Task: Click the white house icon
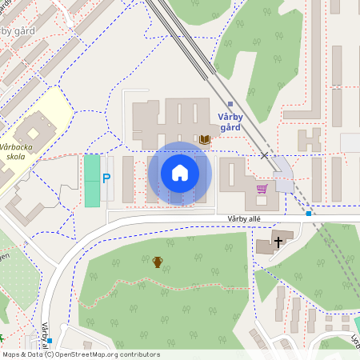pyautogui.click(x=180, y=173)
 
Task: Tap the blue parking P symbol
pyautogui.click(x=106, y=178)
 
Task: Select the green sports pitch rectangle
pyautogui.click(x=93, y=181)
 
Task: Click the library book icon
pyautogui.click(x=205, y=140)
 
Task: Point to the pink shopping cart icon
pyautogui.click(x=261, y=190)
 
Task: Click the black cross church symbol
pyautogui.click(x=278, y=240)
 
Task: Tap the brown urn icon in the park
pyautogui.click(x=158, y=262)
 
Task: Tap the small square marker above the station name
pyautogui.click(x=230, y=104)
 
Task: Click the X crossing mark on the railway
pyautogui.click(x=264, y=155)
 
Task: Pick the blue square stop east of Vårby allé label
pyautogui.click(x=308, y=214)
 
